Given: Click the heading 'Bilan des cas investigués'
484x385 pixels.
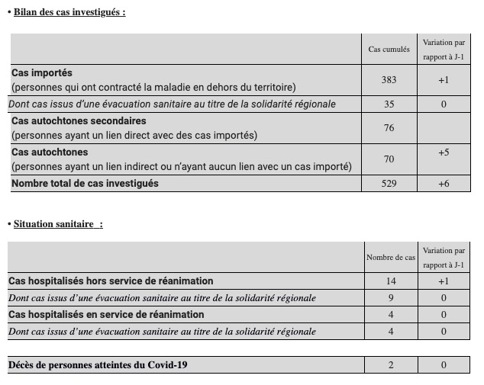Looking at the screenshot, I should (69, 11).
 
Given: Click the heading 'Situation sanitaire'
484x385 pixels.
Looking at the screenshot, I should (57, 223).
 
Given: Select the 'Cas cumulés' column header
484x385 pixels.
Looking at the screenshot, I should (389, 50).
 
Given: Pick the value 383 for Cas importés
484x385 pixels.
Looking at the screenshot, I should (389, 80).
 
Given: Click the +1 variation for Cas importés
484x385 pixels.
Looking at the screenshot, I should (443, 80).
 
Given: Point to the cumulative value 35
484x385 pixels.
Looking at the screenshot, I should (389, 104).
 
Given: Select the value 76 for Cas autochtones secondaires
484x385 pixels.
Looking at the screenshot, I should (389, 127).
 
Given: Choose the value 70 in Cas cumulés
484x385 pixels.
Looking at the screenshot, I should (389, 159).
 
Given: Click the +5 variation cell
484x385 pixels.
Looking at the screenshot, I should (443, 152).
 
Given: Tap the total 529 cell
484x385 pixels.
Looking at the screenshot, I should (389, 184).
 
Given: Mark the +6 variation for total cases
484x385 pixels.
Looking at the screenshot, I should (443, 184).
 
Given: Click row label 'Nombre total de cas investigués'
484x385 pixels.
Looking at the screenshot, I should (85, 183).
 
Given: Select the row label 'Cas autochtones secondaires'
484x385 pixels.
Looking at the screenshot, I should (79, 120).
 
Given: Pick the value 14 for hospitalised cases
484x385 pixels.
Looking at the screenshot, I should (390, 281).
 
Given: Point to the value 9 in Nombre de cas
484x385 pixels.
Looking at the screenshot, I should (390, 298).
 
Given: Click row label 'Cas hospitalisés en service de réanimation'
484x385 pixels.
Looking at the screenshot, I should (106, 314).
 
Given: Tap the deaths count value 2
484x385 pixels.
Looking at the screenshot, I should (390, 365).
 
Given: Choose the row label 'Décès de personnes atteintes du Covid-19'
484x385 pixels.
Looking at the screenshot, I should (98, 365).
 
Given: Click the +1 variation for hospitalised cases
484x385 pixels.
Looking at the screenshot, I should (443, 281).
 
